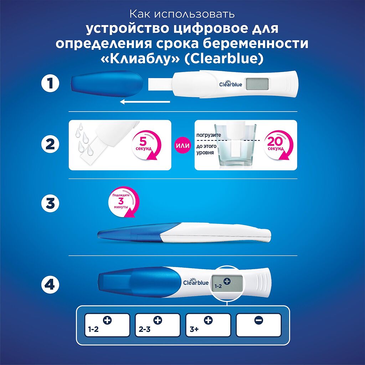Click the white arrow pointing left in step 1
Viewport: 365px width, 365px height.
tap(145, 102)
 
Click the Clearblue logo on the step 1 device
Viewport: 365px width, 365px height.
tap(230, 84)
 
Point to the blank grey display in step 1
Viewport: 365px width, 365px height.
tap(256, 84)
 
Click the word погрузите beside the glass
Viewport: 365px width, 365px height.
tap(209, 135)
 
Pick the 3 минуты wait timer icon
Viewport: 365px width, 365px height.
tap(123, 202)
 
